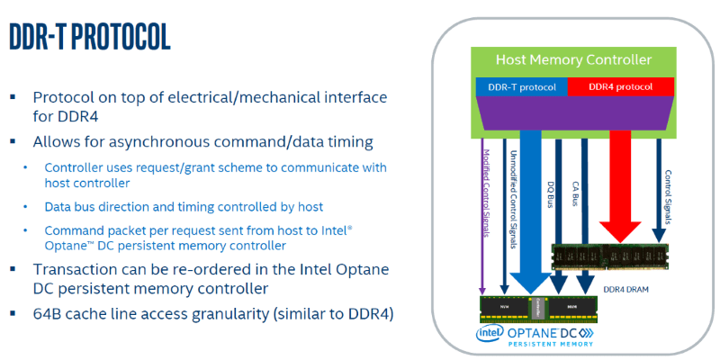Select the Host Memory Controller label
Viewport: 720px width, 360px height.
(x=573, y=60)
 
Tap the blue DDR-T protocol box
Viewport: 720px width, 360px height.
(x=520, y=86)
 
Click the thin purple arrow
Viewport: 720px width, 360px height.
(x=485, y=225)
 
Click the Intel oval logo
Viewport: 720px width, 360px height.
(x=490, y=335)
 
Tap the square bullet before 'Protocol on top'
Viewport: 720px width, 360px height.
(x=14, y=98)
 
